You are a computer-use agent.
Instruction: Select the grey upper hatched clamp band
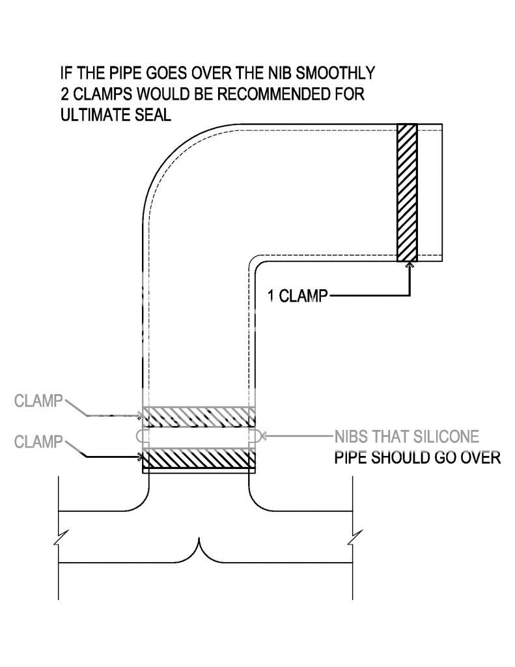tap(198, 416)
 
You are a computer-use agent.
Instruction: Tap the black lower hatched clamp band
tap(198, 460)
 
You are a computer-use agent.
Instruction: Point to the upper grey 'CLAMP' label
tap(38, 401)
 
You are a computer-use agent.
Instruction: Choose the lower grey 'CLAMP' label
tap(38, 442)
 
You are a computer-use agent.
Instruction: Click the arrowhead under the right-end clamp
tap(409, 265)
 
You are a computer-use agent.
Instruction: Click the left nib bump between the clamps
tap(139, 435)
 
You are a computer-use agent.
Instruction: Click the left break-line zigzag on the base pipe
tap(59, 539)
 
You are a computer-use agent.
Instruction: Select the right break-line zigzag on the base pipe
tap(352, 539)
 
